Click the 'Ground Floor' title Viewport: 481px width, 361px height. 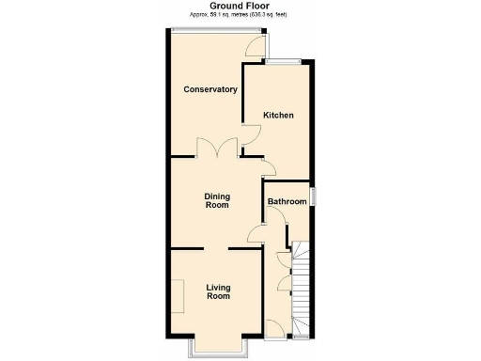click(x=240, y=6)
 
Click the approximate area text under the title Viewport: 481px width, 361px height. click(x=240, y=16)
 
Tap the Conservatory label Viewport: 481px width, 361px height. click(x=209, y=89)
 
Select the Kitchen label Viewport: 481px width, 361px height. click(x=278, y=116)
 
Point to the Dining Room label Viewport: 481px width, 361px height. click(x=217, y=200)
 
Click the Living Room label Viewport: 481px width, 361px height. click(x=218, y=290)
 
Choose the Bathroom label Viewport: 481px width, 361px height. click(x=287, y=201)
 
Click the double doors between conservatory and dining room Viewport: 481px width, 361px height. click(x=216, y=149)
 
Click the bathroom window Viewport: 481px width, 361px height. click(x=314, y=196)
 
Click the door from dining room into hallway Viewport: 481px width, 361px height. click(x=255, y=234)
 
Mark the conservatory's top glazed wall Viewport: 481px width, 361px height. click(x=207, y=29)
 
